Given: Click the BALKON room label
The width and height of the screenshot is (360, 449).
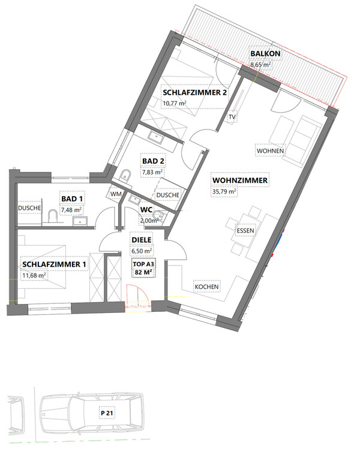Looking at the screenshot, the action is point(265,53).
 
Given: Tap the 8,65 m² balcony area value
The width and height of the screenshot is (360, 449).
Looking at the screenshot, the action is point(260,64).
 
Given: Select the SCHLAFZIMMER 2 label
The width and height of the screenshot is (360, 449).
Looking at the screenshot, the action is point(194,92).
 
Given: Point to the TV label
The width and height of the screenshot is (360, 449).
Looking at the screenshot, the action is point(232,117).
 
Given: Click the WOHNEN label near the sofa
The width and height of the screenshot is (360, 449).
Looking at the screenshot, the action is point(270,151).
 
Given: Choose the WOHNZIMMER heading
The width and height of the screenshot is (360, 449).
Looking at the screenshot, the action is point(240,180).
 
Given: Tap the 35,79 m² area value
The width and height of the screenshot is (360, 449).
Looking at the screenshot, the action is point(224,191).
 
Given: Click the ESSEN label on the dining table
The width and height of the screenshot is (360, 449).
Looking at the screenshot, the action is point(245,231).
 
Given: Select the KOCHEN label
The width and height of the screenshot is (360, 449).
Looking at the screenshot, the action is point(206,287).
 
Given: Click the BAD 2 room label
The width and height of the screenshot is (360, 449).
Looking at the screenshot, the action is point(153,161).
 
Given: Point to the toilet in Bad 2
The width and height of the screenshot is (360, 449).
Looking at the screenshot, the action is point(125,175).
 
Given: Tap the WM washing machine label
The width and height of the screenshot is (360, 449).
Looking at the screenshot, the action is point(116,194).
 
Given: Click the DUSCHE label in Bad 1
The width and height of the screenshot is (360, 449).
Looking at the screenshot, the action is point(29,208).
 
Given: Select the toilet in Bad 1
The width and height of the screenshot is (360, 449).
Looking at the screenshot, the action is point(53,216).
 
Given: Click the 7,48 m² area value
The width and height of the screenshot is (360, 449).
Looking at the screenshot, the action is point(71,210).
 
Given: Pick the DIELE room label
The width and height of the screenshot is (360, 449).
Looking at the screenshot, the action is point(142,240).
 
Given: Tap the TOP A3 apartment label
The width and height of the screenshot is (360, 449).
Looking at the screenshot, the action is point(143,264).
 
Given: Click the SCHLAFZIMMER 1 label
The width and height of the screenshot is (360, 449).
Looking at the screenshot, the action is point(54,264).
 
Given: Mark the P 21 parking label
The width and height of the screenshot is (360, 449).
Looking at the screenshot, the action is point(107,413).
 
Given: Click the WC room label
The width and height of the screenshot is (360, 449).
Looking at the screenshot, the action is point(146,210).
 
